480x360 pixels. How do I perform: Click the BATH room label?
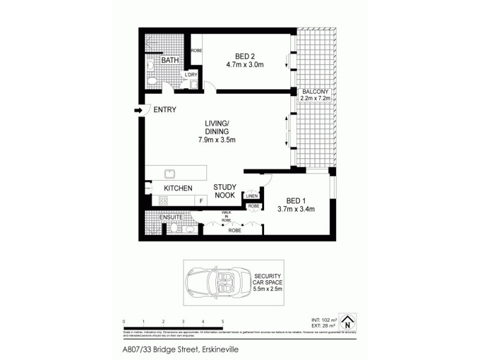[170, 61]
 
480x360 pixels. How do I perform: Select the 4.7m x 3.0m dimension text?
[245, 65]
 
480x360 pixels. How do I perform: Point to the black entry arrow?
[139, 110]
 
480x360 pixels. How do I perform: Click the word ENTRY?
[165, 110]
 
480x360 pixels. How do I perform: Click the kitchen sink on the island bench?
[170, 173]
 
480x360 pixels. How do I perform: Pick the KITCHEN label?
[178, 188]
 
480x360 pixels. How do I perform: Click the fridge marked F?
[202, 201]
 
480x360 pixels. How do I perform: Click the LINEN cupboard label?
[251, 196]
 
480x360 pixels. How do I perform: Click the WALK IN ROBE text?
[226, 217]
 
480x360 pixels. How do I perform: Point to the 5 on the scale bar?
[223, 322]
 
